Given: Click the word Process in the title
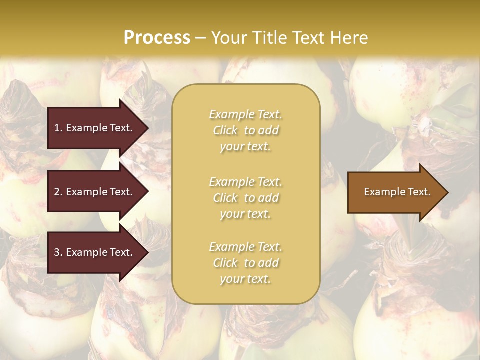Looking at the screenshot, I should point(157,38).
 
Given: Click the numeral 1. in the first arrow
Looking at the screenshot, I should point(58,128).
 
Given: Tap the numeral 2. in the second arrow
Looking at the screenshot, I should point(58,192).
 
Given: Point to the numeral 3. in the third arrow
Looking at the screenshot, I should point(58,252).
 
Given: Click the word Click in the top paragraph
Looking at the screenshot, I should point(225,130).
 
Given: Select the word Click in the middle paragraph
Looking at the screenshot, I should point(225,198).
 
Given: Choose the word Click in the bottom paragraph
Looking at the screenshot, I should point(225,263).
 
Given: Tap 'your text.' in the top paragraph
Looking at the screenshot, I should point(245,147).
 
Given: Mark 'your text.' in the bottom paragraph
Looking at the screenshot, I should point(245,279).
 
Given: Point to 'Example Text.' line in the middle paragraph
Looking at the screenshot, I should point(245,181).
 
